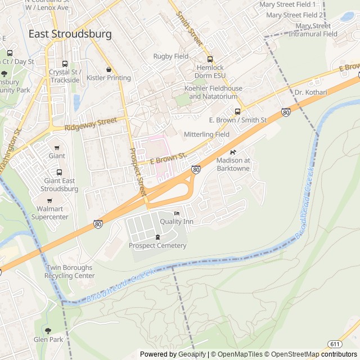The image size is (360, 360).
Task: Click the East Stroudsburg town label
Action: tap(70, 34)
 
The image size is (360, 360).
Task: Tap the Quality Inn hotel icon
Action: tap(177, 214)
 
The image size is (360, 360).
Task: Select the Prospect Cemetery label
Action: tap(157, 245)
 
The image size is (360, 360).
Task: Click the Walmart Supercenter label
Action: tap(49, 213)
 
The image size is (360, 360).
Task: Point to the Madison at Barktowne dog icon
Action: tap(233, 152)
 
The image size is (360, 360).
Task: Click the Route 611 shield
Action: tap(335, 344)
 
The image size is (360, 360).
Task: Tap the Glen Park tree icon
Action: tap(48, 331)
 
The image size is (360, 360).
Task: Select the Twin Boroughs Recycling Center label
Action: tap(70, 272)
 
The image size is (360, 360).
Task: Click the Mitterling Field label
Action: tap(206, 134)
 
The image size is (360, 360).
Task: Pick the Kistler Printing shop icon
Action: tap(109, 70)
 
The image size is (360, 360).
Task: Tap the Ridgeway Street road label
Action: tap(91, 123)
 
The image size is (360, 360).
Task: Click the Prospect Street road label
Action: tap(138, 168)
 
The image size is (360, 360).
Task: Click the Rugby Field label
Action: tap(171, 56)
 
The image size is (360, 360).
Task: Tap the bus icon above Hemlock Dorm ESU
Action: tap(210, 59)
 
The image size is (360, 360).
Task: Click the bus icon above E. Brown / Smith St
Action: tap(237, 111)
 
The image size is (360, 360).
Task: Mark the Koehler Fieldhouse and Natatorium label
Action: tap(214, 92)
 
